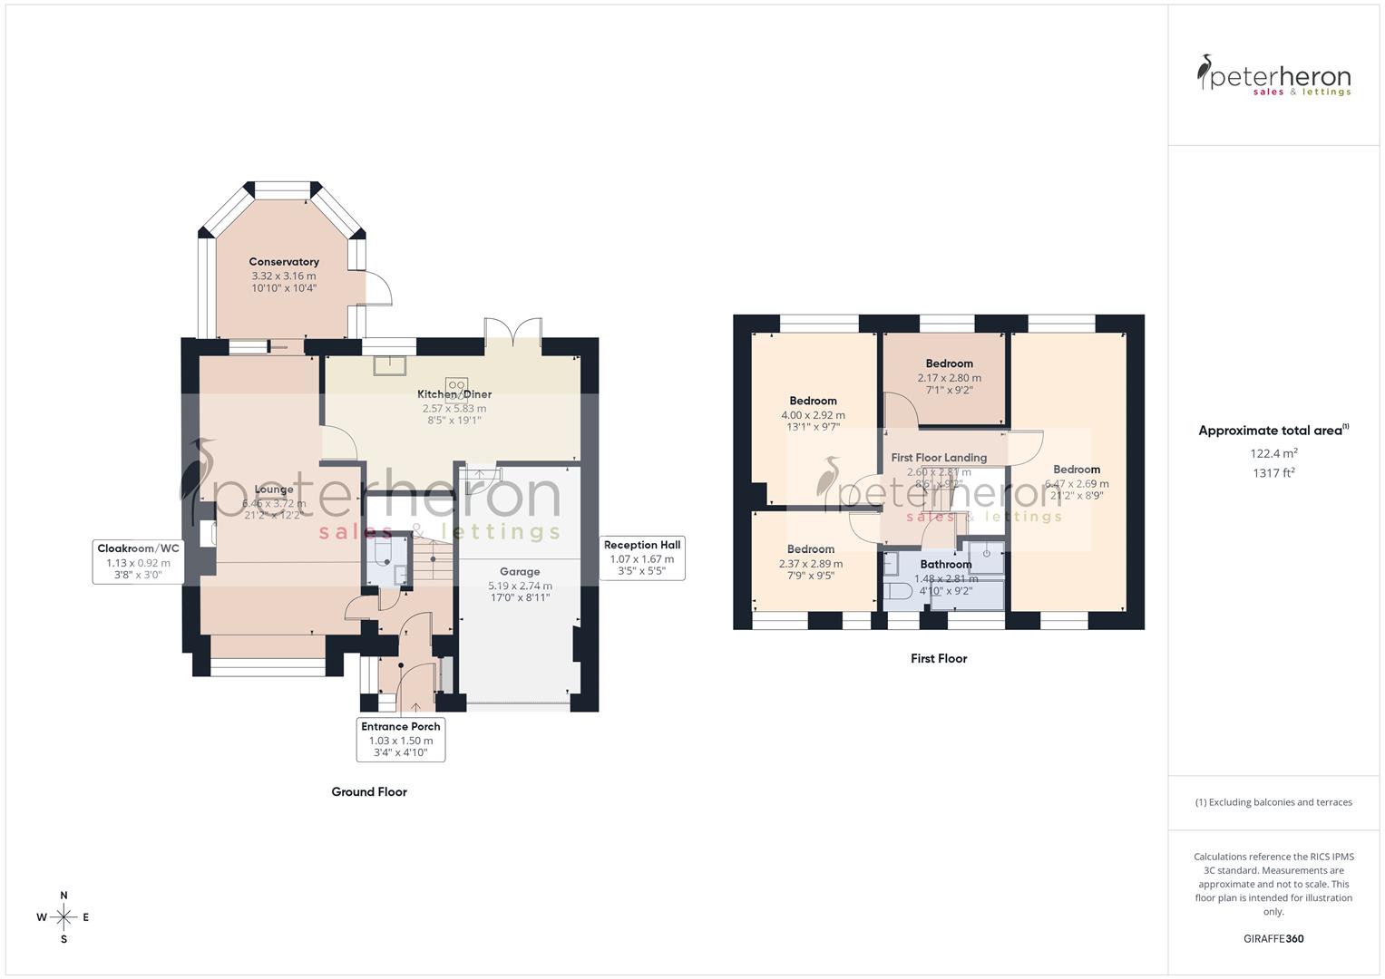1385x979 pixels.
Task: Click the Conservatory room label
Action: point(284,262)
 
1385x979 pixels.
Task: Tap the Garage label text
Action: point(520,572)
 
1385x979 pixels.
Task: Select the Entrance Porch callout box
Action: point(401,739)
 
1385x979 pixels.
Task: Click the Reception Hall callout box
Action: point(642,557)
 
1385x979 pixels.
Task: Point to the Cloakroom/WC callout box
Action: point(138,561)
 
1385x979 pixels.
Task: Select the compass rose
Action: point(63,917)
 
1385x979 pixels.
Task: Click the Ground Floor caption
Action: point(369,791)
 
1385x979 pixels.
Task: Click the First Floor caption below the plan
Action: point(939,658)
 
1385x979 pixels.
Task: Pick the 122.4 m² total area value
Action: point(1273,453)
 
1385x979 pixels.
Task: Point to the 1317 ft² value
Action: point(1273,472)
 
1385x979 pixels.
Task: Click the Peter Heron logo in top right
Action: point(1273,75)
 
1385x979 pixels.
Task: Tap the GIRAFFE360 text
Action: point(1273,938)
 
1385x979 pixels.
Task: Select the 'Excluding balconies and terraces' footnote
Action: point(1273,802)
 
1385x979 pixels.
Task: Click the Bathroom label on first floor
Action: point(945,564)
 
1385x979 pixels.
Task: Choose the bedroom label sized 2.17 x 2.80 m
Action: point(949,363)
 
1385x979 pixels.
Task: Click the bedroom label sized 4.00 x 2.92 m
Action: point(813,401)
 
